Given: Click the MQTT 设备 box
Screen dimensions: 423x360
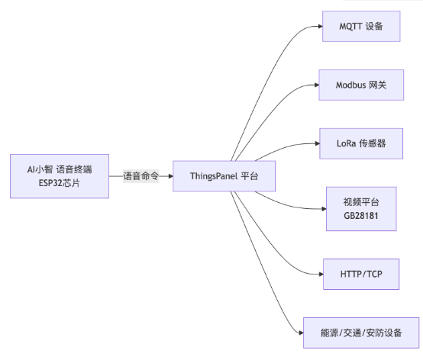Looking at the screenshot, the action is point(361,27).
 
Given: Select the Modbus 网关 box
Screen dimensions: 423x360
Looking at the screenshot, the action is point(361,85).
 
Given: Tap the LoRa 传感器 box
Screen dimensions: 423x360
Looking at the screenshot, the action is point(361,143).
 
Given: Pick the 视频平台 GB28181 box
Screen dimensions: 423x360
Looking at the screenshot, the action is point(361,209).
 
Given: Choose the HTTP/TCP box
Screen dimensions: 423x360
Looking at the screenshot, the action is point(361,275).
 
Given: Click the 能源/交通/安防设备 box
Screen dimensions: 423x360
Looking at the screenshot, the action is point(361,333).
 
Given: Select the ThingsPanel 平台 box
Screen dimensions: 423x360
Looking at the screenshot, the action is point(224,176).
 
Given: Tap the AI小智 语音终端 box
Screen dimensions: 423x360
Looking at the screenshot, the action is point(60,176).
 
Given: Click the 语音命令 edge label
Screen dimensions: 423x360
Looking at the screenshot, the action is point(140,176).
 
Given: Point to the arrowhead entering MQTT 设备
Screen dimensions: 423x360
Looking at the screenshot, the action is point(321,27).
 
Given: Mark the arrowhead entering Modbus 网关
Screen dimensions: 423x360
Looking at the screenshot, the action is point(317,85).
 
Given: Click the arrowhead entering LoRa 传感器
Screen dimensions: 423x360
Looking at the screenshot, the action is point(318,143).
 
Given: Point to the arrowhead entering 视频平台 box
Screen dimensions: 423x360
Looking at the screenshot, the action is point(325,209).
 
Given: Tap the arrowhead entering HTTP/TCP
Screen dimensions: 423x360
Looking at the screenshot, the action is point(321,275).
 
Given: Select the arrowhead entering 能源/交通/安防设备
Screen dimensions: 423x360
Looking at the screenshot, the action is point(302,333).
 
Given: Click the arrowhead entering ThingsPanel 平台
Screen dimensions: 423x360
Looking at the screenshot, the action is point(171,176).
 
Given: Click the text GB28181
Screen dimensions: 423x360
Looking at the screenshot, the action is point(361,216).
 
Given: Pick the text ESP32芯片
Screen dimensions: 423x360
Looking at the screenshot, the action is point(60,183).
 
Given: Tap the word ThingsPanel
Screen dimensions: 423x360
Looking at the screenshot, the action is point(214,176).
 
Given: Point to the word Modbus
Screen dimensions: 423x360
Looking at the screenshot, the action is point(350,85).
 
